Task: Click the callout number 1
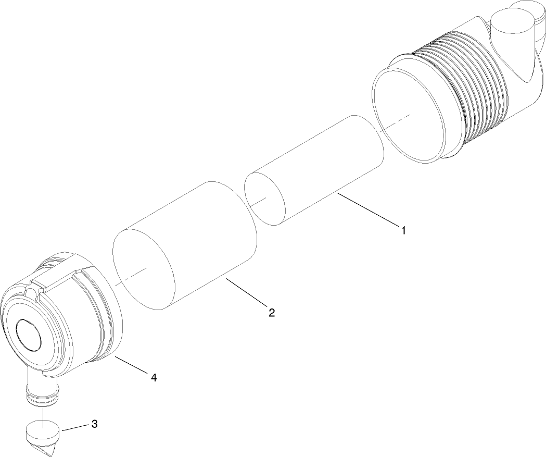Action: click(402, 229)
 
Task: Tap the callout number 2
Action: click(271, 313)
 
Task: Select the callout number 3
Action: click(94, 424)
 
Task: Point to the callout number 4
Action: click(154, 377)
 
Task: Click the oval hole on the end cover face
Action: click(28, 334)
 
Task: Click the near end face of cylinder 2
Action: click(144, 268)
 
